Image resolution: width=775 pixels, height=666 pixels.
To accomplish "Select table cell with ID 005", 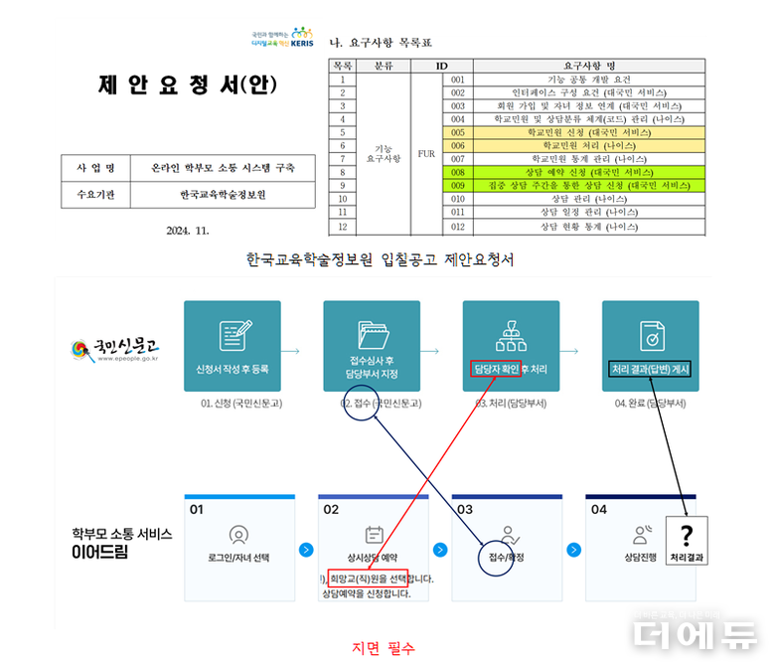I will click(457, 131).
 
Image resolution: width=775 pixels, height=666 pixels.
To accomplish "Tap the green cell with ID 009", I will click(457, 186).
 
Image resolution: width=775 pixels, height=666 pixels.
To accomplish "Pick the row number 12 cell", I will click(342, 227).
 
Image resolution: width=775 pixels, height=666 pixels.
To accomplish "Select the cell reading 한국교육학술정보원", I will click(223, 195).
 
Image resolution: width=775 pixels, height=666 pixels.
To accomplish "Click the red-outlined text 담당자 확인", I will click(496, 369).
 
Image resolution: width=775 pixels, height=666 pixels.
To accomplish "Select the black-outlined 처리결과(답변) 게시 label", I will click(650, 369).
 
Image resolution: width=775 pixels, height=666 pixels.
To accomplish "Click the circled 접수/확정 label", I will click(506, 558).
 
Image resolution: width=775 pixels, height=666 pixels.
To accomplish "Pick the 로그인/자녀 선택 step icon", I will click(237, 535).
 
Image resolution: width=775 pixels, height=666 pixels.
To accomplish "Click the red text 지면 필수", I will click(384, 648).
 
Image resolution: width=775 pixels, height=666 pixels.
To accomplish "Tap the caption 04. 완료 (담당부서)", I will click(650, 403).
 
